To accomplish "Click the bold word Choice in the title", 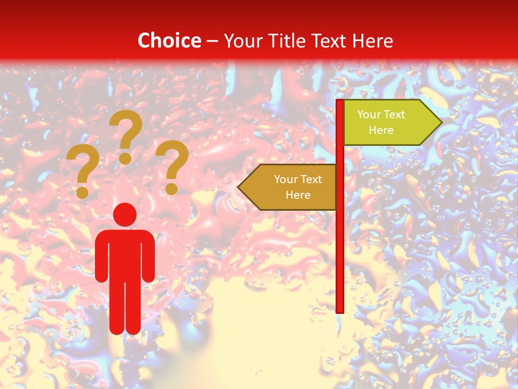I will [169, 41].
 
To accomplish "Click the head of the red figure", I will [125, 214].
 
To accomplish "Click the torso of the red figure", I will [125, 254].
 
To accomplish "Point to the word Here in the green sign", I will [381, 130].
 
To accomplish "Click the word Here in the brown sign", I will [298, 195].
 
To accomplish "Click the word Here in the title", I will [372, 41].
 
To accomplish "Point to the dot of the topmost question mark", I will [125, 158].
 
